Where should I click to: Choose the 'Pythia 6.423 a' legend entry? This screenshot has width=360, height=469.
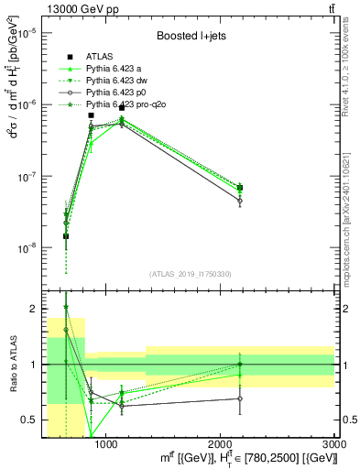click(x=114, y=70)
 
